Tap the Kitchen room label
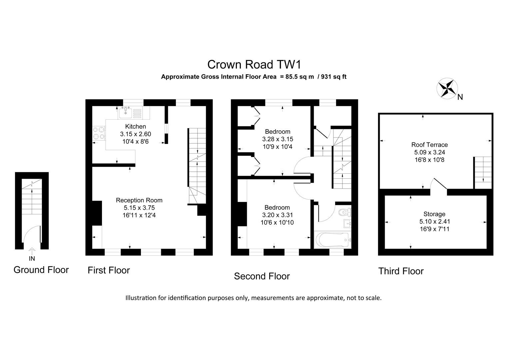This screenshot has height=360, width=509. (x=135, y=126)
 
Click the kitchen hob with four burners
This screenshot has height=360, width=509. (x=99, y=133)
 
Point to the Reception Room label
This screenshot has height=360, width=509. (x=139, y=200)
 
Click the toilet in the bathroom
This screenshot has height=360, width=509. (x=344, y=212)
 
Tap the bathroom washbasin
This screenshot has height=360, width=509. (x=347, y=223)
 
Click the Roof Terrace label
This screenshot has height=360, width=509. (x=429, y=145)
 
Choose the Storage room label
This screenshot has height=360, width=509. (x=434, y=214)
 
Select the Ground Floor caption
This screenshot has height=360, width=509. (x=41, y=270)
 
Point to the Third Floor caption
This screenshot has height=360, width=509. (x=401, y=271)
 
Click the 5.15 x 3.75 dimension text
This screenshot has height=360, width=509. (x=139, y=208)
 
